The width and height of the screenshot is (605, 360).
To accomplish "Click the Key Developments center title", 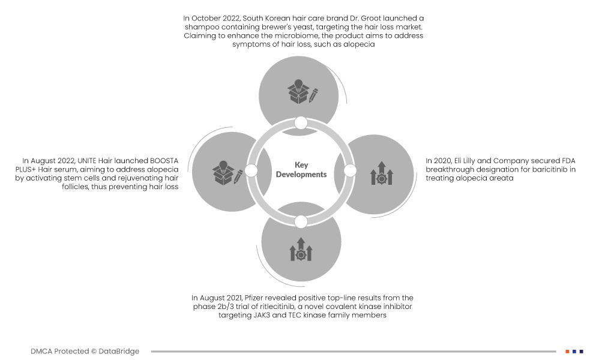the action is (301, 170).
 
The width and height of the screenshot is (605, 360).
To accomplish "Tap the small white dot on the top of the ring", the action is (301, 123).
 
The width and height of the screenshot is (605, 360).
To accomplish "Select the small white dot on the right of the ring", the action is (349, 170).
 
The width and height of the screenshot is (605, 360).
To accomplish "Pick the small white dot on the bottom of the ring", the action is (301, 222).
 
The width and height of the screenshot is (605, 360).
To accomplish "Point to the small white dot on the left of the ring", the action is (251, 170).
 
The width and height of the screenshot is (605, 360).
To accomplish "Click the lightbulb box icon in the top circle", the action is (302, 91).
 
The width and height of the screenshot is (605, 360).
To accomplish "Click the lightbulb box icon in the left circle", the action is (227, 172).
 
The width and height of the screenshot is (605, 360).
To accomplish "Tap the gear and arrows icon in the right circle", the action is (381, 173).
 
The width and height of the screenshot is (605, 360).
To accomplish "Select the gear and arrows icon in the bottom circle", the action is (301, 249).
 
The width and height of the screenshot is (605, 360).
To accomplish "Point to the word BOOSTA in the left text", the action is (164, 161).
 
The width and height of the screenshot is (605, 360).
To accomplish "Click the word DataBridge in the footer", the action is (119, 351).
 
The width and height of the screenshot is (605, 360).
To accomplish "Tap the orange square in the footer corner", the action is (567, 352).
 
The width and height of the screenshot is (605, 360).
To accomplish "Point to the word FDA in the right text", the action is (568, 161).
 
